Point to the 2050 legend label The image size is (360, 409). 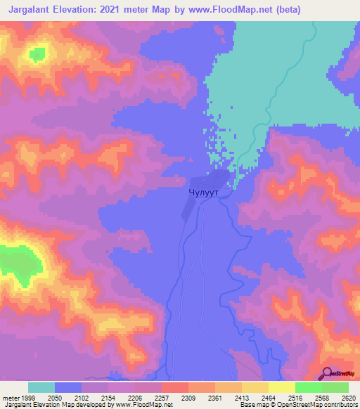63,398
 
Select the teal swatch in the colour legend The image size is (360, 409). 41,387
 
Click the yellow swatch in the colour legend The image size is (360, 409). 281,387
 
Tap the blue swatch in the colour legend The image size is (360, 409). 68,387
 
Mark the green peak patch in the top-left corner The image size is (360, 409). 37,53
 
